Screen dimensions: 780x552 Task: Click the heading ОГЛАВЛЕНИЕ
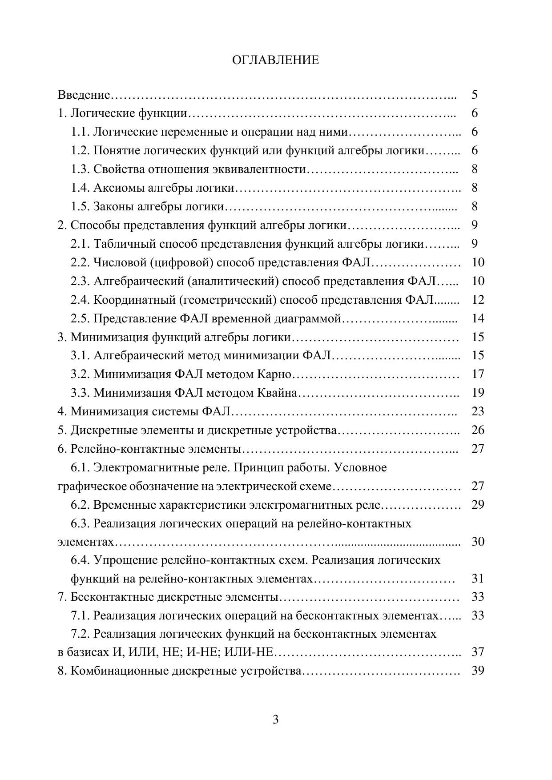275,60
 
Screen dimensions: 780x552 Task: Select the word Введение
84,95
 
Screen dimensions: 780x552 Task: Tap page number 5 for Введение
475,95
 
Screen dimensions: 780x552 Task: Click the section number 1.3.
81,169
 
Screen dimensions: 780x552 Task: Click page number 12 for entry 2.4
478,300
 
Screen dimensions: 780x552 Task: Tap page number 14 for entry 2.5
478,318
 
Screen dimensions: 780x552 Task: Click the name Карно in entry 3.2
274,374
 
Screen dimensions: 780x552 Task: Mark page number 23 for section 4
478,411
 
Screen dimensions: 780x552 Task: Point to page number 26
478,430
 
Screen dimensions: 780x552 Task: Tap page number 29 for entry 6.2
478,505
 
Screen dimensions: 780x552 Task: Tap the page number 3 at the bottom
275,720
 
